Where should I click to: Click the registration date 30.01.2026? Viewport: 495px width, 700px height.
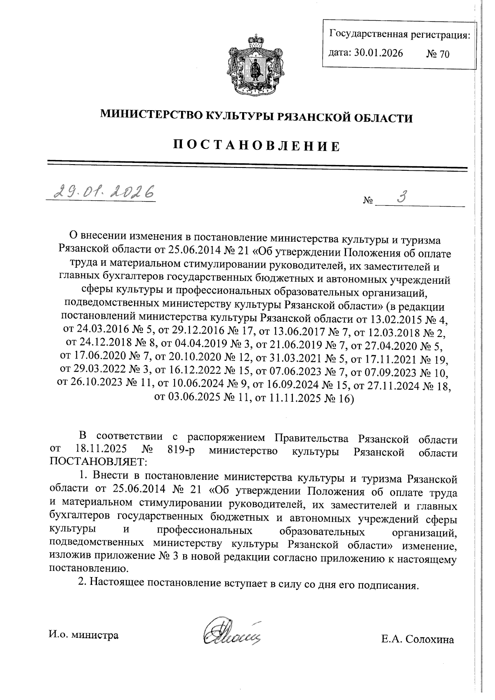point(378,53)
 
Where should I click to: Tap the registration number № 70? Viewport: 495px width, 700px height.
point(438,54)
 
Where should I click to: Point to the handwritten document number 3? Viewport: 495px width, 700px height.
point(401,196)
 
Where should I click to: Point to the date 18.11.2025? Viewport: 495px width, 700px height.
point(101,450)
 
